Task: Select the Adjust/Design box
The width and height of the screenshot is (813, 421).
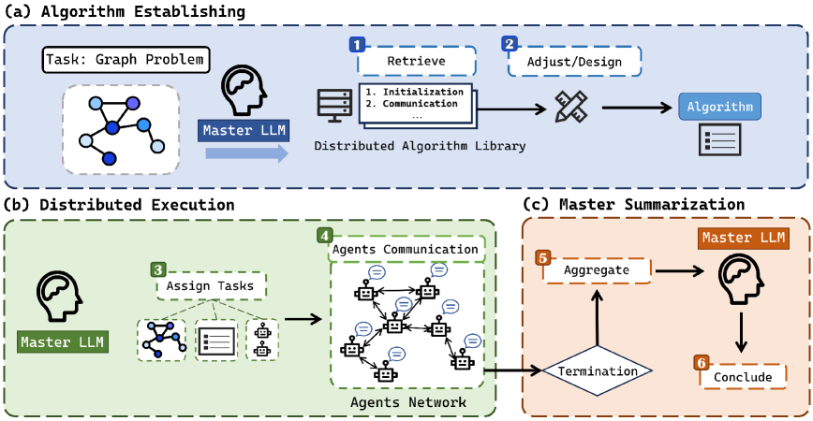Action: click(574, 63)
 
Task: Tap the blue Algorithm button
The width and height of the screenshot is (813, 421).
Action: click(719, 107)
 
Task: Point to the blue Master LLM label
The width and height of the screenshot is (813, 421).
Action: click(245, 131)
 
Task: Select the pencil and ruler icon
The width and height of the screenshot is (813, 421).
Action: click(569, 107)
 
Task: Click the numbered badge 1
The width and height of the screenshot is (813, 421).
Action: click(357, 44)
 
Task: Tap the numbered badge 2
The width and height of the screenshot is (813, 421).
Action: click(510, 44)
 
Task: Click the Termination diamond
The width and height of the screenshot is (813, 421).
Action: click(598, 371)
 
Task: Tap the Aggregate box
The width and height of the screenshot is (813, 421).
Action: click(596, 269)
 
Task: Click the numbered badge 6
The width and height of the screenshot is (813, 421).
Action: click(700, 361)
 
